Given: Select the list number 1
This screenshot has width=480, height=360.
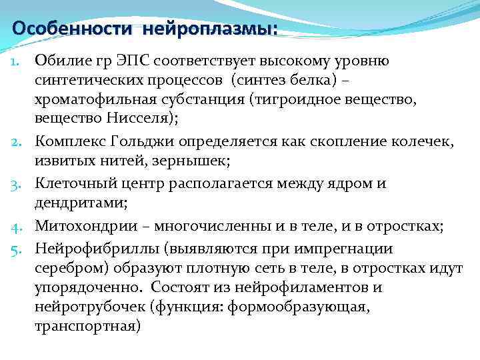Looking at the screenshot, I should pos(20,62).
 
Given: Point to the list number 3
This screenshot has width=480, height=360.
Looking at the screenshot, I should pos(19,183).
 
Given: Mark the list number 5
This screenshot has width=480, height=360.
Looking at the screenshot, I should pos(19,249).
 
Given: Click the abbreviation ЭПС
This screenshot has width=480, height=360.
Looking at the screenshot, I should pos(134,61).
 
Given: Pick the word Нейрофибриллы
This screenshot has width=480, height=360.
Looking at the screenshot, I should pos(85,249).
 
